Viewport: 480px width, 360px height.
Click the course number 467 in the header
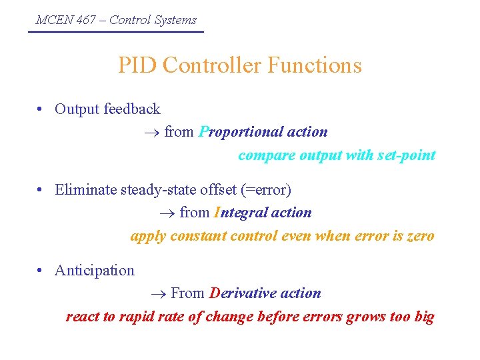(85, 20)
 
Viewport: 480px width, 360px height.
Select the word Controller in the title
(211, 65)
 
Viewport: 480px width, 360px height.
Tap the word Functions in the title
(315, 65)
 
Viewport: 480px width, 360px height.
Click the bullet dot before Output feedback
(41, 109)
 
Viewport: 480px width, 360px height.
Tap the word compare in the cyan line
(263, 155)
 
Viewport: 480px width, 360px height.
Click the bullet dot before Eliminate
(41, 191)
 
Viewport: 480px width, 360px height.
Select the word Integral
(238, 213)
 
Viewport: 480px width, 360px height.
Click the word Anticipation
(95, 270)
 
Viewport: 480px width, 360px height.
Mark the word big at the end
(424, 317)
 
